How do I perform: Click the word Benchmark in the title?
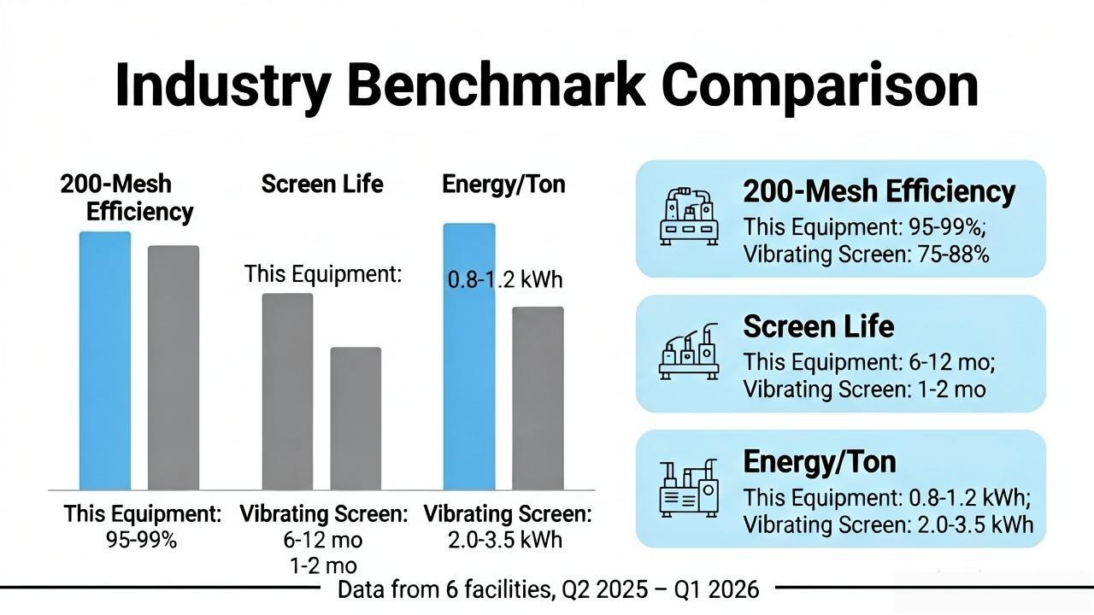[495, 85]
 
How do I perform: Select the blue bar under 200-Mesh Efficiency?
[105, 360]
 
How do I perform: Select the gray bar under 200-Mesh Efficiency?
[174, 367]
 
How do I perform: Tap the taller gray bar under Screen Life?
[288, 391]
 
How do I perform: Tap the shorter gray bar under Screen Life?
[356, 419]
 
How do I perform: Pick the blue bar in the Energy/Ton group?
[469, 357]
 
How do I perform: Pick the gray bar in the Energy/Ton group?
[538, 398]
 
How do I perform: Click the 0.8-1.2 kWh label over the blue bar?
[505, 279]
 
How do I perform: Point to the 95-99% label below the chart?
[141, 540]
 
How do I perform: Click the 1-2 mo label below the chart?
[323, 565]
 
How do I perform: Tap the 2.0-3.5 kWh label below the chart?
[505, 540]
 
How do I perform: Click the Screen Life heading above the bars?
[322, 184]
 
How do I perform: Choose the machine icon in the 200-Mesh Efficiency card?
[689, 217]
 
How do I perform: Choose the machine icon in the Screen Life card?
[689, 351]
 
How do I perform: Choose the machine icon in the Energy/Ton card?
[689, 488]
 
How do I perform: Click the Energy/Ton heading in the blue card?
[820, 462]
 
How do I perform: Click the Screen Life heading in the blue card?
[819, 326]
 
